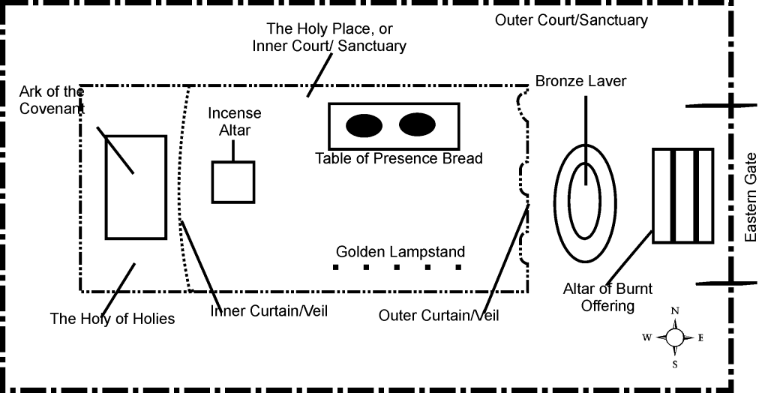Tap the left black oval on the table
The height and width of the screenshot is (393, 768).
point(364,125)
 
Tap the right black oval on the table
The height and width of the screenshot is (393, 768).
point(417,124)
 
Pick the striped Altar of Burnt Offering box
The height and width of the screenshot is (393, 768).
point(682,195)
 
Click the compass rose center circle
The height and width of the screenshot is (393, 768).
point(675,337)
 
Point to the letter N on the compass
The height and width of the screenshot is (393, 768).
point(675,311)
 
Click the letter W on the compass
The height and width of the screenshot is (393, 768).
point(646,337)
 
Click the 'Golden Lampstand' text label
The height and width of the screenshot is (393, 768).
point(400,252)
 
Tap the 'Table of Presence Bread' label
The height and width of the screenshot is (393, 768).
point(398,158)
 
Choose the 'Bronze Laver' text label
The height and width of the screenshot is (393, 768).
point(580,81)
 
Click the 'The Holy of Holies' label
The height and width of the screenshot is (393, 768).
point(112,319)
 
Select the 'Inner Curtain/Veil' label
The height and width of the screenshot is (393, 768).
point(269,311)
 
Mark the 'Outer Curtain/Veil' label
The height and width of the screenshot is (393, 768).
point(439,316)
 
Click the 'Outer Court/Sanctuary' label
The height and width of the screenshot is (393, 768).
point(571,20)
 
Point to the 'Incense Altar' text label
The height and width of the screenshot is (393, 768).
point(235,121)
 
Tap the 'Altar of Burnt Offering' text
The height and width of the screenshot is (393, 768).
point(607,297)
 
